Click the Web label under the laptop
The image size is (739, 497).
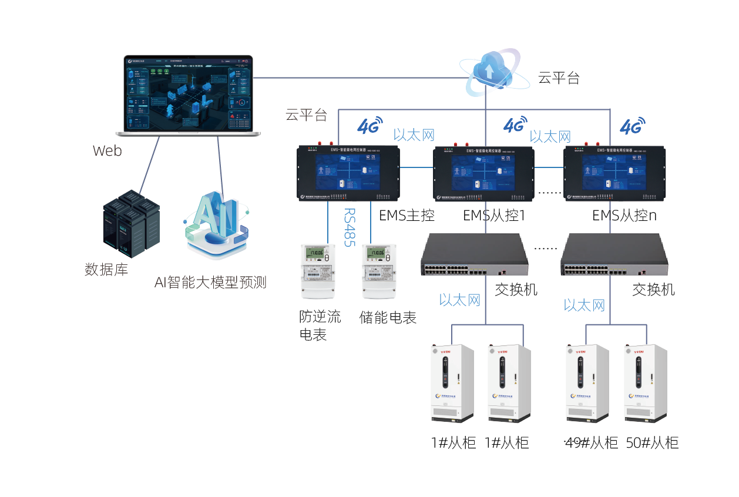107,151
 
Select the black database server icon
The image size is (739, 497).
131,224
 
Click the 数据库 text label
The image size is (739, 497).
106,270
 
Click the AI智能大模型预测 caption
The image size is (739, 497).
210,283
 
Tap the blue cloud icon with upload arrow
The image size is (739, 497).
489,72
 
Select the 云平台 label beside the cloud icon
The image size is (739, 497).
559,78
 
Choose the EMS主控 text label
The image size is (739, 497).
407,216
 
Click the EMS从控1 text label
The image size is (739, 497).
493,216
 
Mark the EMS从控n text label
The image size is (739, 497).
624,216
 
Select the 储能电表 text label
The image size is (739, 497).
388,318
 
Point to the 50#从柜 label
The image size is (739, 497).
652,443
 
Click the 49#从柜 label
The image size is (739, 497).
591,443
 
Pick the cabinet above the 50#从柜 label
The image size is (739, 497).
645,383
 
